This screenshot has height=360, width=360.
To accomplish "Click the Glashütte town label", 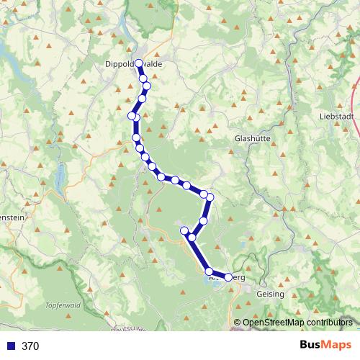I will (252, 139).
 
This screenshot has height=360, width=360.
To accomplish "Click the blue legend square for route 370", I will (11, 346).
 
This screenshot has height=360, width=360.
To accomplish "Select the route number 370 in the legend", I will (30, 346).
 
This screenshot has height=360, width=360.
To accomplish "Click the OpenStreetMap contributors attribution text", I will (297, 323).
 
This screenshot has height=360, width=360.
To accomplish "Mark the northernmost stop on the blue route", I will (138, 63).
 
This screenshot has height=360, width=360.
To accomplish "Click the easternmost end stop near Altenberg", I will (228, 277).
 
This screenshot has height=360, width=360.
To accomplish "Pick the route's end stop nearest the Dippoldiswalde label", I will (138, 63).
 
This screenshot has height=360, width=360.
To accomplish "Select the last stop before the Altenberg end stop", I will (210, 271).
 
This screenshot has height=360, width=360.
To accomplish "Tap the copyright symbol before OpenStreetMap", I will (237, 323).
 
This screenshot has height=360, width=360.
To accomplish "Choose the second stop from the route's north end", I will (143, 78).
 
